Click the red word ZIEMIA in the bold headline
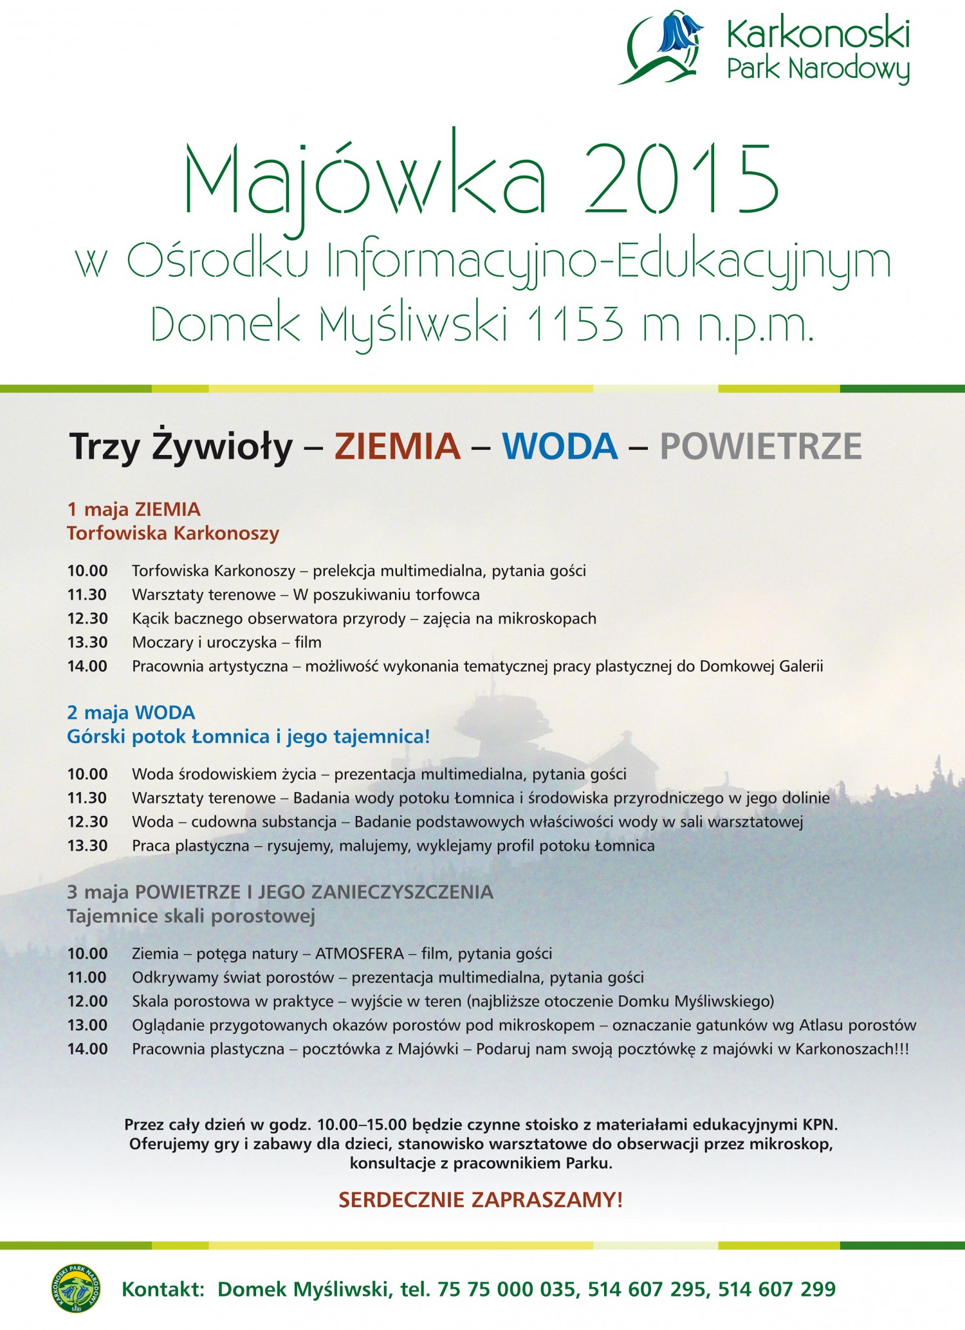coord(398,446)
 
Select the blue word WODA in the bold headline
coord(560,446)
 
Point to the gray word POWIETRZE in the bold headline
coord(760,446)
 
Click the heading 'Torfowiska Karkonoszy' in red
coord(173,533)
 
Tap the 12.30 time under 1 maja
coord(87,618)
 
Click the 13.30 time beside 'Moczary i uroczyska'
coord(87,642)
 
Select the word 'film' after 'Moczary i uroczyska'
coord(308,642)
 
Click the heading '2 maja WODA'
coord(131,712)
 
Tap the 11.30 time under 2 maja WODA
coord(87,798)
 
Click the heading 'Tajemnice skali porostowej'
coord(191,916)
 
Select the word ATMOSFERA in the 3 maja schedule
coord(360,954)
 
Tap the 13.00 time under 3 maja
coord(87,1025)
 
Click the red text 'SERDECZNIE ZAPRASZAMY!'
coord(481,1199)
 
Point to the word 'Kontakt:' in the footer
coord(163,1289)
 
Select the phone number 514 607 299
coord(777,1289)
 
